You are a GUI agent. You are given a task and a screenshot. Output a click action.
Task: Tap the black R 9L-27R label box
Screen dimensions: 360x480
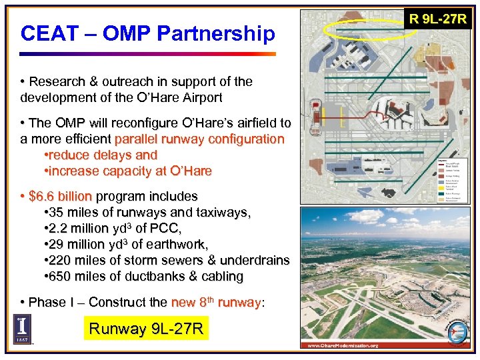click(438, 19)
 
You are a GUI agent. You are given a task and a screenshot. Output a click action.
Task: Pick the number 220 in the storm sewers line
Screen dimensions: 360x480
click(60, 261)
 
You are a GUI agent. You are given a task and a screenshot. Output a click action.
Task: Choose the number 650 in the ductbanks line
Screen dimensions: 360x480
click(60, 277)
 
